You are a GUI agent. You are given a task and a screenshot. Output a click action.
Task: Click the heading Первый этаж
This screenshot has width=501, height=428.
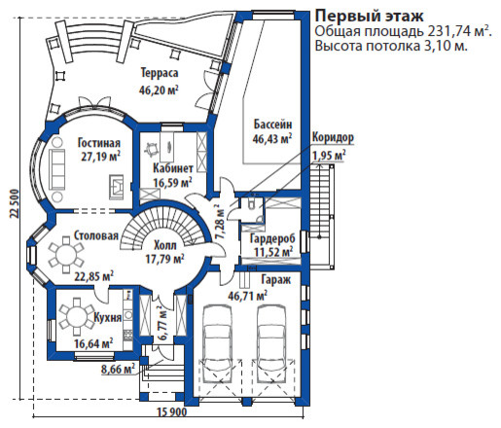pos(370,17)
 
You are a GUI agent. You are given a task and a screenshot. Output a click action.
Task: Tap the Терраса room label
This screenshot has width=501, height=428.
pos(160,73)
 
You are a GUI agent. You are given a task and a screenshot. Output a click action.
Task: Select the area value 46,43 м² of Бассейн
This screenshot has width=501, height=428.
pos(271,139)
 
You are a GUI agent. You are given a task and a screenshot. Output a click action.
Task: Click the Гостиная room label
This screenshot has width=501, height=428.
pos(99,143)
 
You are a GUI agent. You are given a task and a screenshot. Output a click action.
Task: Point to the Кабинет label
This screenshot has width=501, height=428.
pos(173,168)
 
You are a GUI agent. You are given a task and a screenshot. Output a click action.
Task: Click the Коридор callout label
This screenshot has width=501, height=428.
pos(333,137)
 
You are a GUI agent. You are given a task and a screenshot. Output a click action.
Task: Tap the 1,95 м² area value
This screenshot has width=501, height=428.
pos(329,156)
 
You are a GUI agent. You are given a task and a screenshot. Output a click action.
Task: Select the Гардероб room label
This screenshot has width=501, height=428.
pos(272,239)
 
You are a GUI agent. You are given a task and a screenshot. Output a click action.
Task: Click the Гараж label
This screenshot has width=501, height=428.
pos(276,280)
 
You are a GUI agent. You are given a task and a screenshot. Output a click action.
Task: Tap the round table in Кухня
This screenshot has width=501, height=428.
pos(76,316)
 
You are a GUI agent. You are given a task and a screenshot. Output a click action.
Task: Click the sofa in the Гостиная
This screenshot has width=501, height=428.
pos(57,169)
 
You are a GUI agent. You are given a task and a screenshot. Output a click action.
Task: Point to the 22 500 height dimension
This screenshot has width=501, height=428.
pos(15,203)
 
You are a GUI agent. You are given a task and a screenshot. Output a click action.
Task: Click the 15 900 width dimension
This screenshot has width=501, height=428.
pos(172,412)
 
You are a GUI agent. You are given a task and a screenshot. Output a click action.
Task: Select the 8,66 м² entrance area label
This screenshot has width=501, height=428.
pos(118,370)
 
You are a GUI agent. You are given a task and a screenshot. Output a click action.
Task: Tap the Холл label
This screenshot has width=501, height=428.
pos(165,245)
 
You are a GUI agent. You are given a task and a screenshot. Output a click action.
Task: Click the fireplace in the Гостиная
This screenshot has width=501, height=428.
pos(116,188)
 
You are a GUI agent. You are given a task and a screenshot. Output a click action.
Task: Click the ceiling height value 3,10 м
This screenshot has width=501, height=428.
pos(447,46)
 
